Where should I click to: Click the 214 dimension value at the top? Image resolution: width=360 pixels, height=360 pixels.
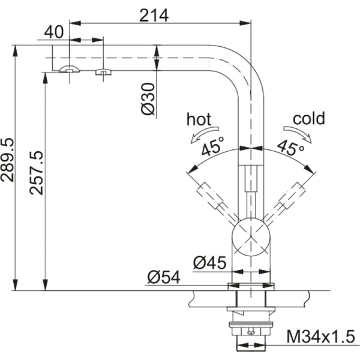(154, 14)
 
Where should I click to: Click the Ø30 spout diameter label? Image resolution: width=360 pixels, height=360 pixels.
(149, 98)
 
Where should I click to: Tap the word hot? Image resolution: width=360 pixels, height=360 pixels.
(199, 118)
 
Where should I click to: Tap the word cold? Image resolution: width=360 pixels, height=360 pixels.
(308, 118)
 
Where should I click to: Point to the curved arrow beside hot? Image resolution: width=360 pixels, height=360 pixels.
(201, 134)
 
